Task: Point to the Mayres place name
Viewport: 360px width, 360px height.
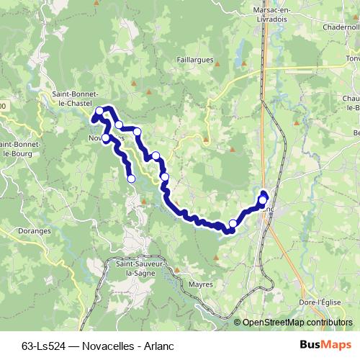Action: [x=201, y=284]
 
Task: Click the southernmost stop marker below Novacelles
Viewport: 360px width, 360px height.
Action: [x=131, y=179]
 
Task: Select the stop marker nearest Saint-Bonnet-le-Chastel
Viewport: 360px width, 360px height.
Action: [x=99, y=111]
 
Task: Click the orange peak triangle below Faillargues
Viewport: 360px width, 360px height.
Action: [x=148, y=92]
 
